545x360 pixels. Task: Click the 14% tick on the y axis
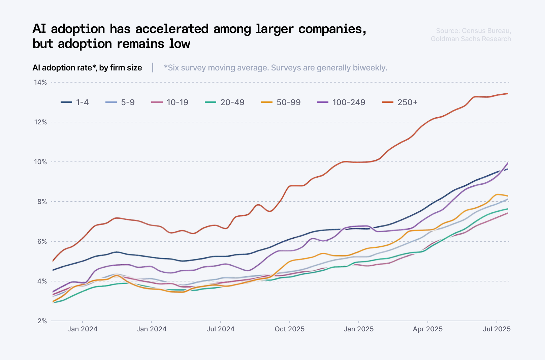click(40, 82)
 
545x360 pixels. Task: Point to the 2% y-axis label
click(42, 321)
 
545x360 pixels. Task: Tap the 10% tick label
click(40, 162)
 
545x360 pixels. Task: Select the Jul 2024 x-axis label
click(220, 329)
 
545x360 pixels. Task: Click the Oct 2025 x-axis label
click(289, 329)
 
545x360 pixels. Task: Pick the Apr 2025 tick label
click(427, 329)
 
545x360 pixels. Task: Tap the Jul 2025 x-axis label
click(496, 329)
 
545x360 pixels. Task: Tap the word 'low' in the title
click(180, 44)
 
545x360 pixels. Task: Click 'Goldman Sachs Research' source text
click(471, 39)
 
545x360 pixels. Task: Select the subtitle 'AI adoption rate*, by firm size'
click(87, 68)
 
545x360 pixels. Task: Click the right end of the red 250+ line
click(508, 93)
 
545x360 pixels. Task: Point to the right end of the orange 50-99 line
click(508, 196)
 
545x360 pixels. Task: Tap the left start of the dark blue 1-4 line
click(53, 270)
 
